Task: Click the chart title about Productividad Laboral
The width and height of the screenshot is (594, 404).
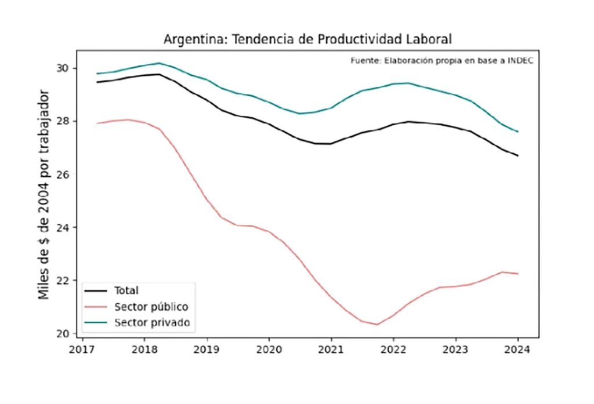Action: [x=307, y=39]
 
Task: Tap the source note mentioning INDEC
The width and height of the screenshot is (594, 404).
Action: [x=441, y=60]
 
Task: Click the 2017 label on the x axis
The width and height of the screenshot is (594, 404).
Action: [x=82, y=350]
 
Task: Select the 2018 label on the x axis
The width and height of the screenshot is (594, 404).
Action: [x=144, y=350]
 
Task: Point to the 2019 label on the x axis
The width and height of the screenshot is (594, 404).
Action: [x=207, y=350]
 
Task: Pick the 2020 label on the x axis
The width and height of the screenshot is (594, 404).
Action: [x=269, y=350]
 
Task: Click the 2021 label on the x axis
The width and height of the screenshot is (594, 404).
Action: [x=331, y=350]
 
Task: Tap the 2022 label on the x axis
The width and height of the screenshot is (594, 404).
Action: [x=393, y=350]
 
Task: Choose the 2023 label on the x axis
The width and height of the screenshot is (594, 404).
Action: [x=455, y=350]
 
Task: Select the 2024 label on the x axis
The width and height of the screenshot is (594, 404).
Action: [x=517, y=350]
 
